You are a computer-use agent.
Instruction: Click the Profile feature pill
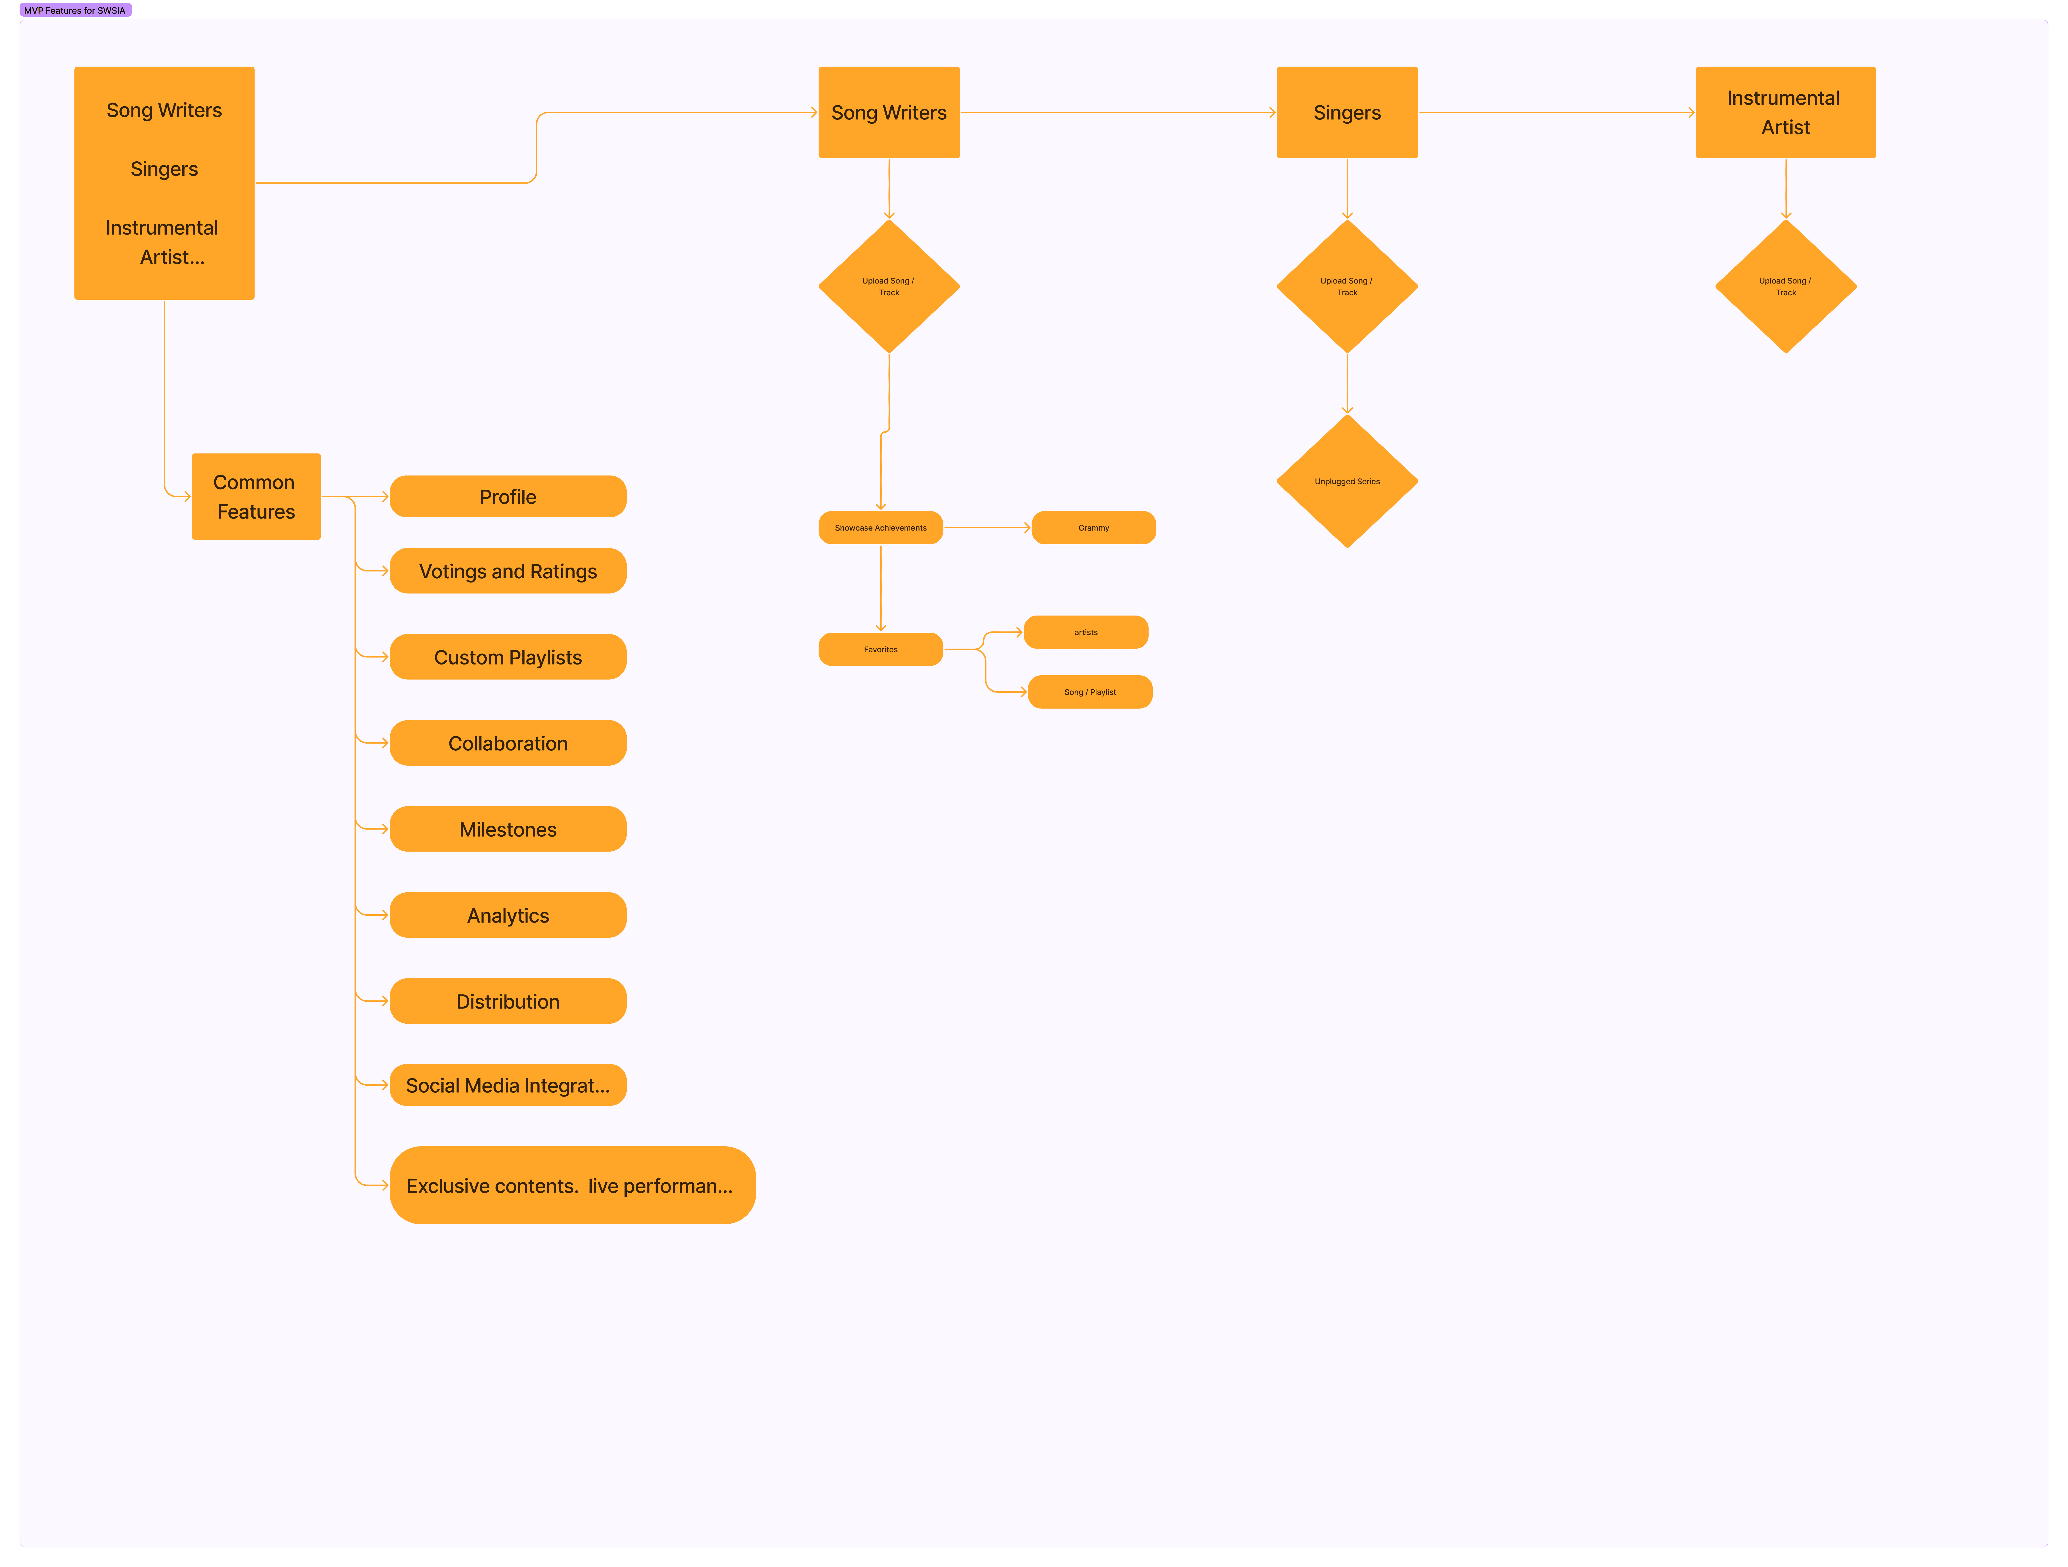pyautogui.click(x=508, y=497)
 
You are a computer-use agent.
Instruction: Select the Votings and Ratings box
pyautogui.click(x=508, y=571)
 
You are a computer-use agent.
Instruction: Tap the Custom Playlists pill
pyautogui.click(x=508, y=657)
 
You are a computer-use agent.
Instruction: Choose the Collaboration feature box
pyautogui.click(x=508, y=743)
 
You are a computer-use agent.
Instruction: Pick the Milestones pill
pyautogui.click(x=508, y=829)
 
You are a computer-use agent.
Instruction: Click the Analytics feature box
pyautogui.click(x=508, y=915)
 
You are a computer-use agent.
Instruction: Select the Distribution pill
pyautogui.click(x=508, y=1001)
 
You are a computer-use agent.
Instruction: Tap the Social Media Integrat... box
pyautogui.click(x=508, y=1085)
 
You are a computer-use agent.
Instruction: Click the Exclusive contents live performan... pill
pyautogui.click(x=572, y=1186)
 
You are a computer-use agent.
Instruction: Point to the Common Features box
pyautogui.click(x=256, y=497)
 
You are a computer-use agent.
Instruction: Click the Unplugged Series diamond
pyautogui.click(x=1347, y=482)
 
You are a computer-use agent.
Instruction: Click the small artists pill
pyautogui.click(x=1085, y=632)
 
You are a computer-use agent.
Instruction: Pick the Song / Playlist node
pyautogui.click(x=1090, y=692)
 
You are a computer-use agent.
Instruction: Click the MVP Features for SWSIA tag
pyautogui.click(x=75, y=10)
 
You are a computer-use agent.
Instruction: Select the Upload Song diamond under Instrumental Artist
pyautogui.click(x=1786, y=286)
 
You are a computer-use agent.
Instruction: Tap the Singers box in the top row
pyautogui.click(x=1347, y=112)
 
